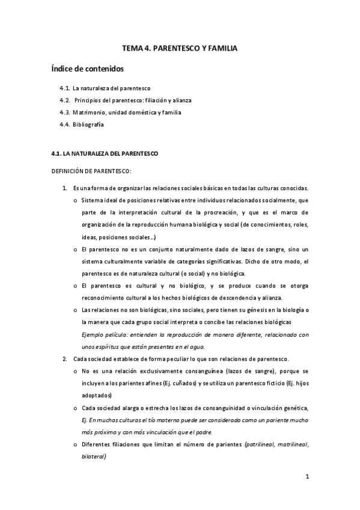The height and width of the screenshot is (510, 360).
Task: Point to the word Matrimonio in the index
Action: point(88,112)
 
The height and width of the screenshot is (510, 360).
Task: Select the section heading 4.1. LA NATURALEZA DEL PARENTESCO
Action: point(105,154)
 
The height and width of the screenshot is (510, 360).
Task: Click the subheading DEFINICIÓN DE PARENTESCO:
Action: point(91,171)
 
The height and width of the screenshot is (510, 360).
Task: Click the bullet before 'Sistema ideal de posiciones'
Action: point(75,200)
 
